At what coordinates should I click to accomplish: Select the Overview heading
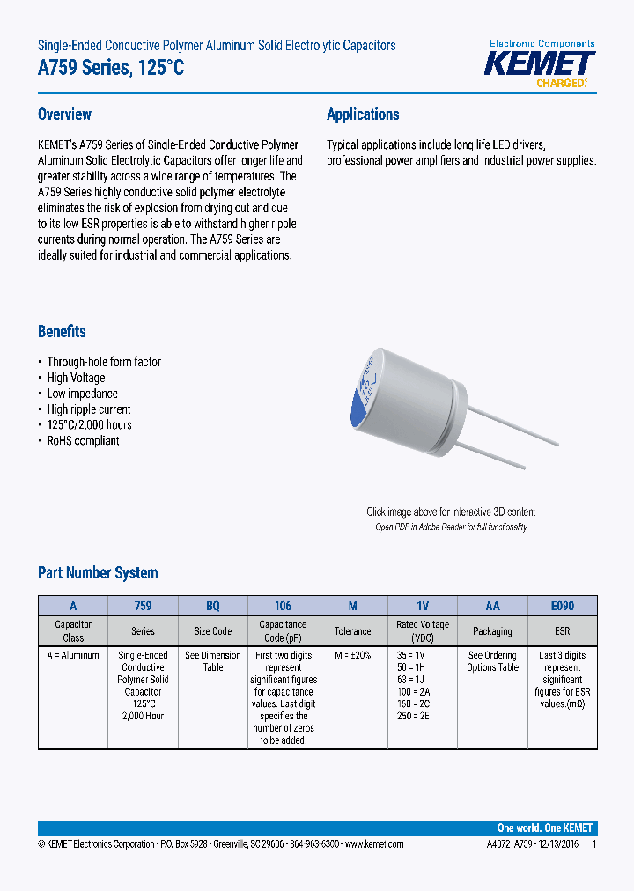tap(64, 114)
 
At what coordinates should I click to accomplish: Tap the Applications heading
tap(363, 114)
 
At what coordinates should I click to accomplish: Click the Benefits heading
tap(62, 332)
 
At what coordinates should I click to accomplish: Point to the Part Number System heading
tap(98, 573)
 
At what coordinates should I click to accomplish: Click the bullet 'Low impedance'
tap(82, 394)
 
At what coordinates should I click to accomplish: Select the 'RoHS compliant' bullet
tap(83, 440)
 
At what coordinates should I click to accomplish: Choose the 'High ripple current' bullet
tap(88, 409)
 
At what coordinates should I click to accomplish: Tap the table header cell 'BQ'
tap(213, 606)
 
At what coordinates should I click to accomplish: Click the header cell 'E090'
tap(562, 606)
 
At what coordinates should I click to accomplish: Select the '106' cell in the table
tap(283, 606)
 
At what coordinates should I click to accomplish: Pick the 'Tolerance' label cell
tap(352, 631)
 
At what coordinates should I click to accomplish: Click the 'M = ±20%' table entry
tap(352, 655)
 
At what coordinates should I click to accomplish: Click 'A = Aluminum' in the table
tap(73, 655)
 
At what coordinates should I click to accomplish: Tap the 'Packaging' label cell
tap(492, 631)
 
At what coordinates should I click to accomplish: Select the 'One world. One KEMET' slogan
tap(545, 828)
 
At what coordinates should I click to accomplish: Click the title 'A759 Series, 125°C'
tap(111, 69)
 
